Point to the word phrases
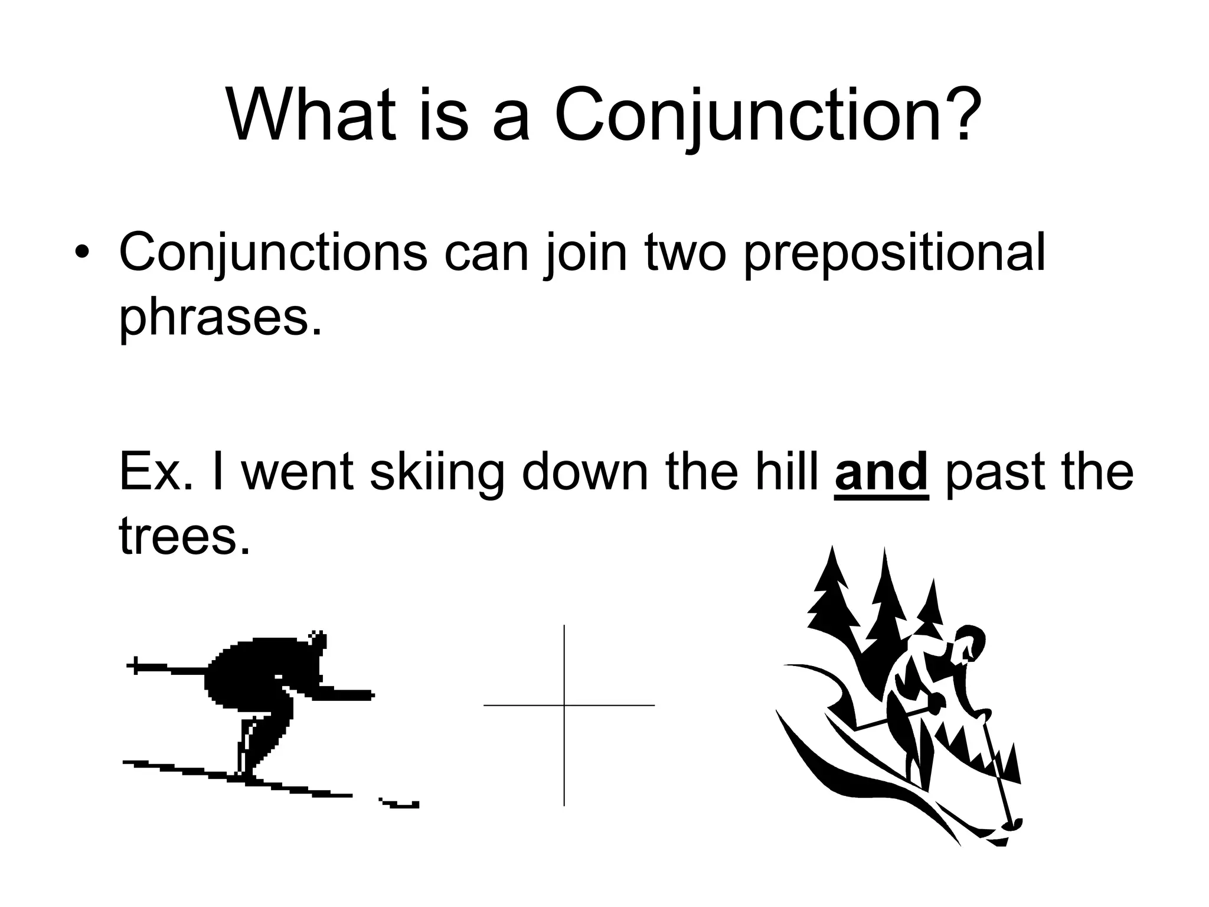221,319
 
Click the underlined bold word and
882,472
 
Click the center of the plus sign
564,705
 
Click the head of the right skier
971,644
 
